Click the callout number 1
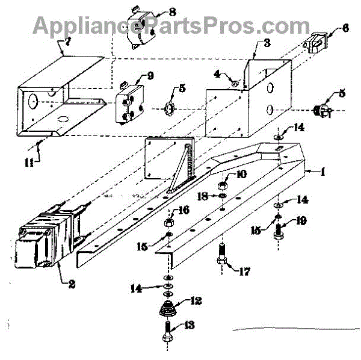click(x=322, y=172)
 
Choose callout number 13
click(x=188, y=325)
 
